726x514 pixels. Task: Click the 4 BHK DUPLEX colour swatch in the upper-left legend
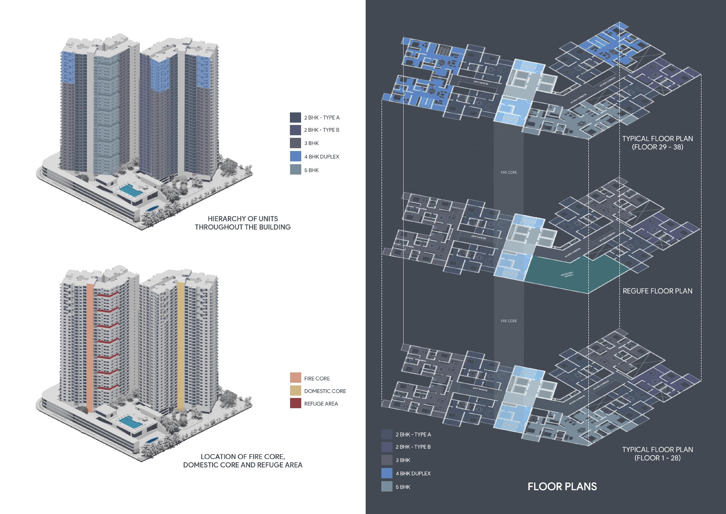tap(295, 156)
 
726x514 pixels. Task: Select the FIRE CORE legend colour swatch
tap(295, 378)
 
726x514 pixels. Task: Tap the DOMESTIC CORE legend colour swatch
tap(295, 391)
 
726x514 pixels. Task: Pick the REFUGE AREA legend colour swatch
tap(295, 403)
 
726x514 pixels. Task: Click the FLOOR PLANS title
tap(562, 486)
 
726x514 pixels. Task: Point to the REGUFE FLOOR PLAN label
tap(657, 291)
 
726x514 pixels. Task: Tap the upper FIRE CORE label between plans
tap(509, 173)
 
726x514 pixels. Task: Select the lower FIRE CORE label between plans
tap(509, 321)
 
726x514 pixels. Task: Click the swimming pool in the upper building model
tap(130, 190)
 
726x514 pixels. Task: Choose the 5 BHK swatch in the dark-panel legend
tap(387, 486)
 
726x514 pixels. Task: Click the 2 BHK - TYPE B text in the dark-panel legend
tap(413, 447)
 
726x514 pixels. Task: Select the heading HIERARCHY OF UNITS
tap(243, 219)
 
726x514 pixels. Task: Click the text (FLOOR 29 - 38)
tap(657, 147)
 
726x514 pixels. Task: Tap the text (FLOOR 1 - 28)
tap(657, 458)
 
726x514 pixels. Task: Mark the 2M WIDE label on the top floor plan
tap(480, 83)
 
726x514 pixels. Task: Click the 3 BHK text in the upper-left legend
tap(311, 143)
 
